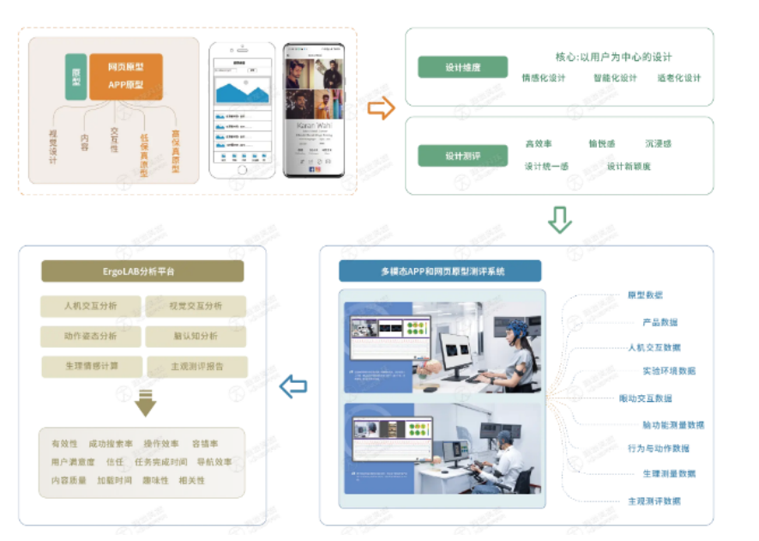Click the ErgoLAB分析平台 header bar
[142, 271]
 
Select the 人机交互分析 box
[91, 306]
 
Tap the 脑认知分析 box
[196, 336]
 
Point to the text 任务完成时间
[162, 462]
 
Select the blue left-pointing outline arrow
[293, 386]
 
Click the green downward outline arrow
[559, 220]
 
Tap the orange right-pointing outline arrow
[381, 107]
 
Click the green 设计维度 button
[462, 67]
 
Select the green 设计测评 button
[462, 155]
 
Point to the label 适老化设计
[679, 78]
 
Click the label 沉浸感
[658, 143]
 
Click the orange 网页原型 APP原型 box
[126, 76]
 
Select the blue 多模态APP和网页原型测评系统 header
[440, 271]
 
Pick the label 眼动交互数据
[645, 398]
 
